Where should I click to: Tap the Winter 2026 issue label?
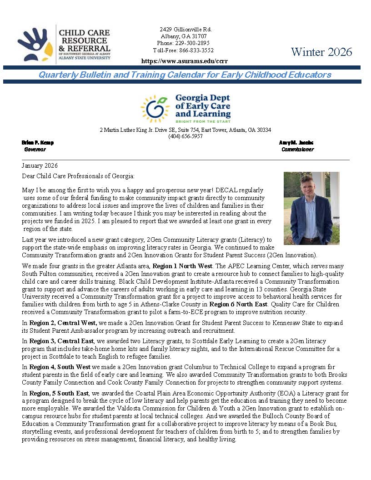pyautogui.click(x=321, y=52)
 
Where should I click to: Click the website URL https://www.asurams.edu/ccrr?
pyautogui.click(x=184, y=61)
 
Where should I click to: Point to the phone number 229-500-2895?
pyautogui.click(x=193, y=43)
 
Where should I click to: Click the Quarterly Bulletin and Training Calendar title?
pyautogui.click(x=185, y=75)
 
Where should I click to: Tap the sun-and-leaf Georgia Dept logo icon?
pyautogui.click(x=155, y=109)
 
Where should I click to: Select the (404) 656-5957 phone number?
pyautogui.click(x=185, y=136)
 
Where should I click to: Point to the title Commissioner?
pyautogui.click(x=297, y=149)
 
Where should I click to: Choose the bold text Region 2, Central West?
pyautogui.click(x=63, y=322)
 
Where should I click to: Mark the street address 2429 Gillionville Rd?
pyautogui.click(x=185, y=30)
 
